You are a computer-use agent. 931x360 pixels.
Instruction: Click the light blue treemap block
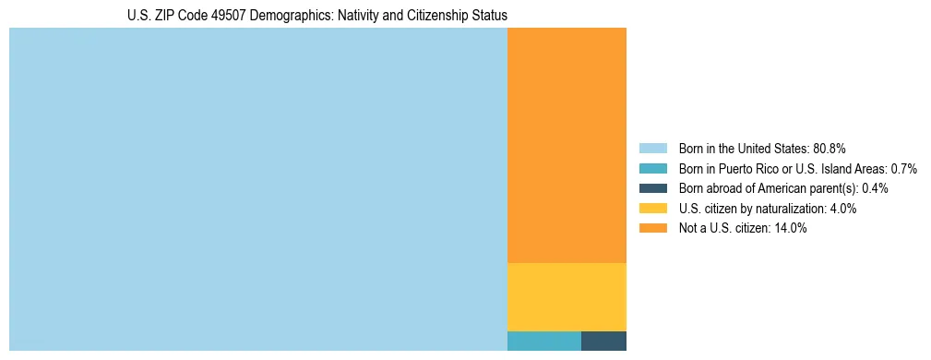[258, 189]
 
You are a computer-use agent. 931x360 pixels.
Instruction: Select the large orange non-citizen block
[567, 145]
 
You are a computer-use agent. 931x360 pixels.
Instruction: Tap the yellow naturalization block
[567, 296]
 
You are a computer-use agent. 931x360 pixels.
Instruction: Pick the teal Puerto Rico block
[543, 341]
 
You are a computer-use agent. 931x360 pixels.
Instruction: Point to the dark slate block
[603, 341]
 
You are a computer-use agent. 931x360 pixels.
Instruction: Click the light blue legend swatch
[652, 149]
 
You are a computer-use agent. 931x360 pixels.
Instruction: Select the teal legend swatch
[652, 169]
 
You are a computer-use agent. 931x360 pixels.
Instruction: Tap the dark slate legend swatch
[652, 188]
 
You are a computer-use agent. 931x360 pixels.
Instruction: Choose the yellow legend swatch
[652, 209]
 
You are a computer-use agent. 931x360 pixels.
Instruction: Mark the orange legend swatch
[652, 229]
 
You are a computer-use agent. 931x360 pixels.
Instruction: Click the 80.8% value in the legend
[830, 149]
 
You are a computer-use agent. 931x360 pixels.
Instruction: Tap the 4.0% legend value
[841, 209]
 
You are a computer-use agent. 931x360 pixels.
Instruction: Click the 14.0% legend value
[791, 229]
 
